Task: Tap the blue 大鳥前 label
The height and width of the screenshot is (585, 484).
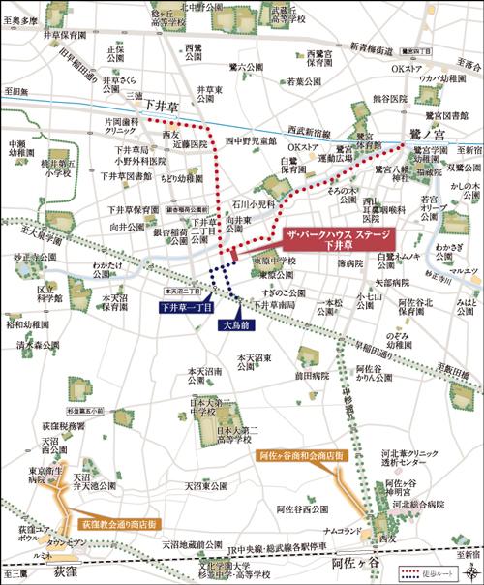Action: [x=236, y=298]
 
